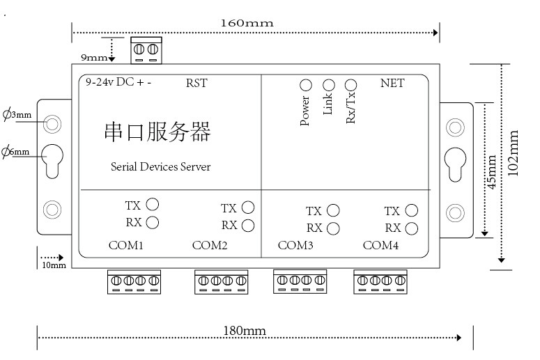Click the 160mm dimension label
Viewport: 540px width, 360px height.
click(x=247, y=23)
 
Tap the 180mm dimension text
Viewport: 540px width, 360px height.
click(x=245, y=331)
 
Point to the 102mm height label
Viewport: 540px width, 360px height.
click(x=513, y=153)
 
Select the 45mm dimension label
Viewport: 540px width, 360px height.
click(x=492, y=172)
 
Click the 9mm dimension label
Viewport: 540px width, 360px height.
click(x=94, y=57)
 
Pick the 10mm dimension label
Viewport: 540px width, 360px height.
click(x=54, y=265)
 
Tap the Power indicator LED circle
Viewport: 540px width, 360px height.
click(x=306, y=85)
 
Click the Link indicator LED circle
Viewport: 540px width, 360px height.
click(x=329, y=85)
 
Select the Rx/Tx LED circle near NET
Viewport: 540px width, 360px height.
click(x=350, y=85)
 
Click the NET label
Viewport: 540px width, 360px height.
click(x=392, y=83)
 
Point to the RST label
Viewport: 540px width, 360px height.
click(x=196, y=83)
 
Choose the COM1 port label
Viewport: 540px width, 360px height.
click(x=125, y=245)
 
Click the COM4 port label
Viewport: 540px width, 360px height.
click(x=380, y=245)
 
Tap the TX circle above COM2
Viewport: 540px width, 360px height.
click(x=248, y=208)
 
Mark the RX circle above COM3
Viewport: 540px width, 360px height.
click(x=333, y=228)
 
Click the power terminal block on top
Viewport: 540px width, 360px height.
click(x=146, y=51)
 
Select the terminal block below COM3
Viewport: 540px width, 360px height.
click(x=300, y=281)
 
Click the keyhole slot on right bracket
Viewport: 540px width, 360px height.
click(x=455, y=164)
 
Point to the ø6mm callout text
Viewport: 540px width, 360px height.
click(x=15, y=151)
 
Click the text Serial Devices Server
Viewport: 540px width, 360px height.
click(x=160, y=166)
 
